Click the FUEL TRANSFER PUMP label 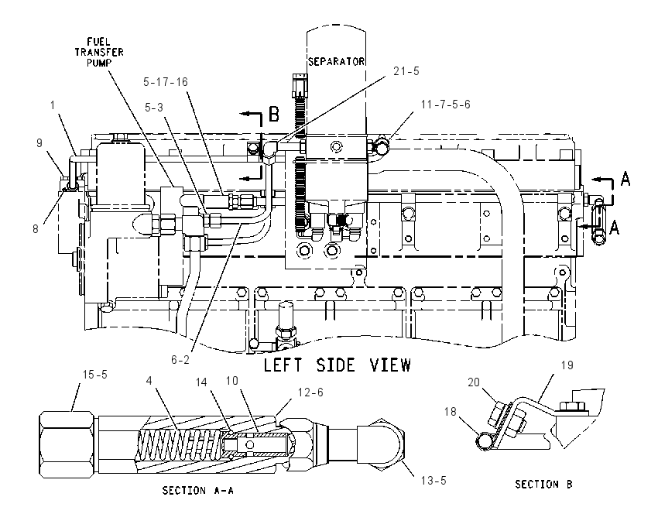(99, 52)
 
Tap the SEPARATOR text (336, 62)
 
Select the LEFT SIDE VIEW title (337, 365)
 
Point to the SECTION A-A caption (197, 490)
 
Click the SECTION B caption (543, 485)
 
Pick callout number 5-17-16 (166, 82)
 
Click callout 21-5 (406, 71)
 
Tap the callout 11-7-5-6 (446, 104)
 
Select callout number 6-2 (180, 360)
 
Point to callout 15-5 (95, 375)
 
